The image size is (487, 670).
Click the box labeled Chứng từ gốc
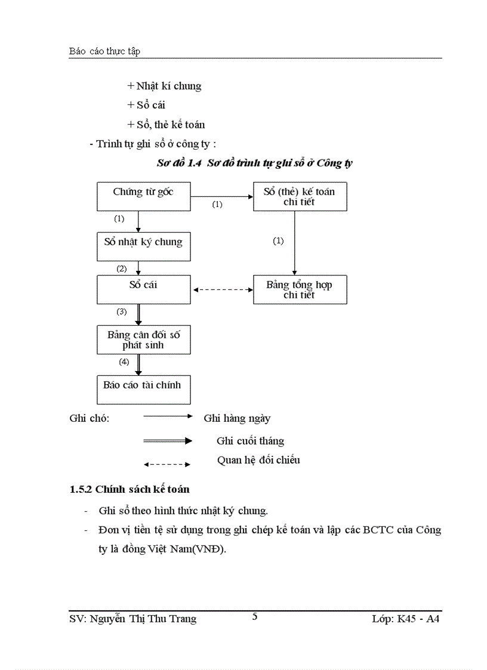coord(144,196)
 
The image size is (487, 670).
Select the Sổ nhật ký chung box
coord(144,246)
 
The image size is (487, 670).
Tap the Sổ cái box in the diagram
coord(144,289)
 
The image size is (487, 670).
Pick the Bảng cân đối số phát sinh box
coord(144,340)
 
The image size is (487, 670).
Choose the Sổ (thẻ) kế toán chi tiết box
coord(300,196)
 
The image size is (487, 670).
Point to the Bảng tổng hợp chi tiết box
coord(300,289)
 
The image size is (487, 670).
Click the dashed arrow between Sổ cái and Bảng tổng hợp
coord(223,290)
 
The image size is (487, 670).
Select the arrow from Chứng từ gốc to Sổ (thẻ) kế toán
coord(222,196)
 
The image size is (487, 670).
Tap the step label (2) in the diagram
coord(122,268)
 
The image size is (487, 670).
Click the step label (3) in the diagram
coord(122,311)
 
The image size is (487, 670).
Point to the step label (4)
coord(124,362)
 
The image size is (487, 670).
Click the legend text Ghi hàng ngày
coord(237,419)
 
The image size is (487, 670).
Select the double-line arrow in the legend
coord(167,441)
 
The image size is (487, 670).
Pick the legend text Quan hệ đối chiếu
coord(258,460)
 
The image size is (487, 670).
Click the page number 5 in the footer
coord(255,617)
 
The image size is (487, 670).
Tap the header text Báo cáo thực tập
coord(104,51)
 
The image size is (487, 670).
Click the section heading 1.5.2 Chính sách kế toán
coord(130,489)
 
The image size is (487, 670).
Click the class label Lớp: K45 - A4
coord(405,619)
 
